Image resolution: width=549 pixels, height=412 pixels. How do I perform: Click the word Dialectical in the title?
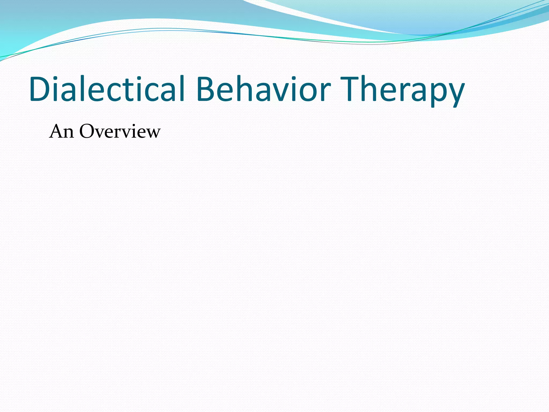pyautogui.click(x=107, y=89)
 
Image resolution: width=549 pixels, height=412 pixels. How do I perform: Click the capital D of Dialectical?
pyautogui.click(x=40, y=89)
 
